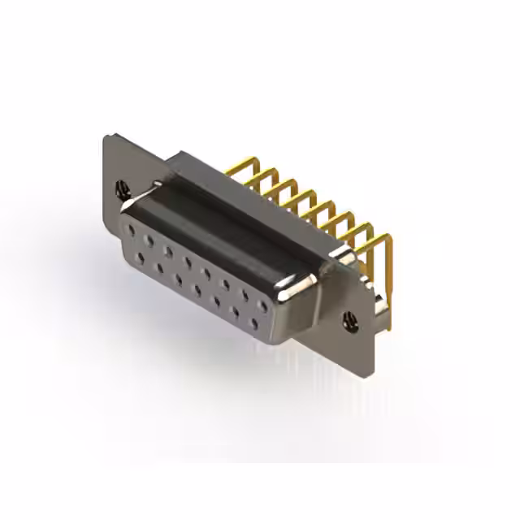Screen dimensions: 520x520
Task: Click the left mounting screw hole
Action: pos(123,188)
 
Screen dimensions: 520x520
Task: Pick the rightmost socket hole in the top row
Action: pos(262,306)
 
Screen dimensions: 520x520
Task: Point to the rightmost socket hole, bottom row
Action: pos(253,323)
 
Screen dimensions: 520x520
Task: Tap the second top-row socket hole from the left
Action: pos(149,240)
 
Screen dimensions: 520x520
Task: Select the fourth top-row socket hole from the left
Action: pos(188,262)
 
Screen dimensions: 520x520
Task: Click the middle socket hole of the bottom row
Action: pos(197,290)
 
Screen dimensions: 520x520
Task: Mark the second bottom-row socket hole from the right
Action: pos(235,312)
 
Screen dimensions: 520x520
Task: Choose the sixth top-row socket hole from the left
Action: pos(225,284)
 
